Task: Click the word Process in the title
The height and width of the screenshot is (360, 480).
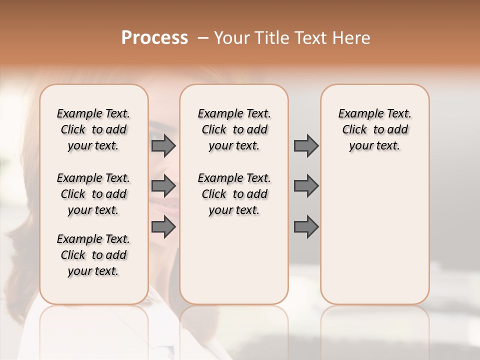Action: click(x=154, y=38)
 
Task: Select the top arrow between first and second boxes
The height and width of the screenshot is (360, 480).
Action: click(x=163, y=146)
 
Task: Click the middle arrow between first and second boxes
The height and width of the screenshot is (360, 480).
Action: click(x=163, y=186)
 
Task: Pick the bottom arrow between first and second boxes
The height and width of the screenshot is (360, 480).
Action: click(x=163, y=227)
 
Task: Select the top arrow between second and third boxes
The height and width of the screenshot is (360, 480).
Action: click(x=306, y=146)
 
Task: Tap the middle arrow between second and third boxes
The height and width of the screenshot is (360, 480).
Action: click(x=306, y=186)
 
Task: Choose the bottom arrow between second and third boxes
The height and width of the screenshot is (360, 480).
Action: click(x=306, y=227)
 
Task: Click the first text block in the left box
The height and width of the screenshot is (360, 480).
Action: click(x=93, y=129)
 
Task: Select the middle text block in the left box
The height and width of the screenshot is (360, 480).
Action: click(x=93, y=194)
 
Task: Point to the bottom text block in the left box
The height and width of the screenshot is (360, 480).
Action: click(x=93, y=255)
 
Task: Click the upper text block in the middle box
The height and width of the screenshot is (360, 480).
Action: click(x=234, y=129)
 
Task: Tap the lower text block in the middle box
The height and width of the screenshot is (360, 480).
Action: click(x=234, y=194)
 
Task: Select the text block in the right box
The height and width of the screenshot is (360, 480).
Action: click(x=374, y=129)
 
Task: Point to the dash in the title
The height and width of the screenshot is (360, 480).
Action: click(x=203, y=38)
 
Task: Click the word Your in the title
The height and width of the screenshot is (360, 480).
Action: click(x=231, y=38)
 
